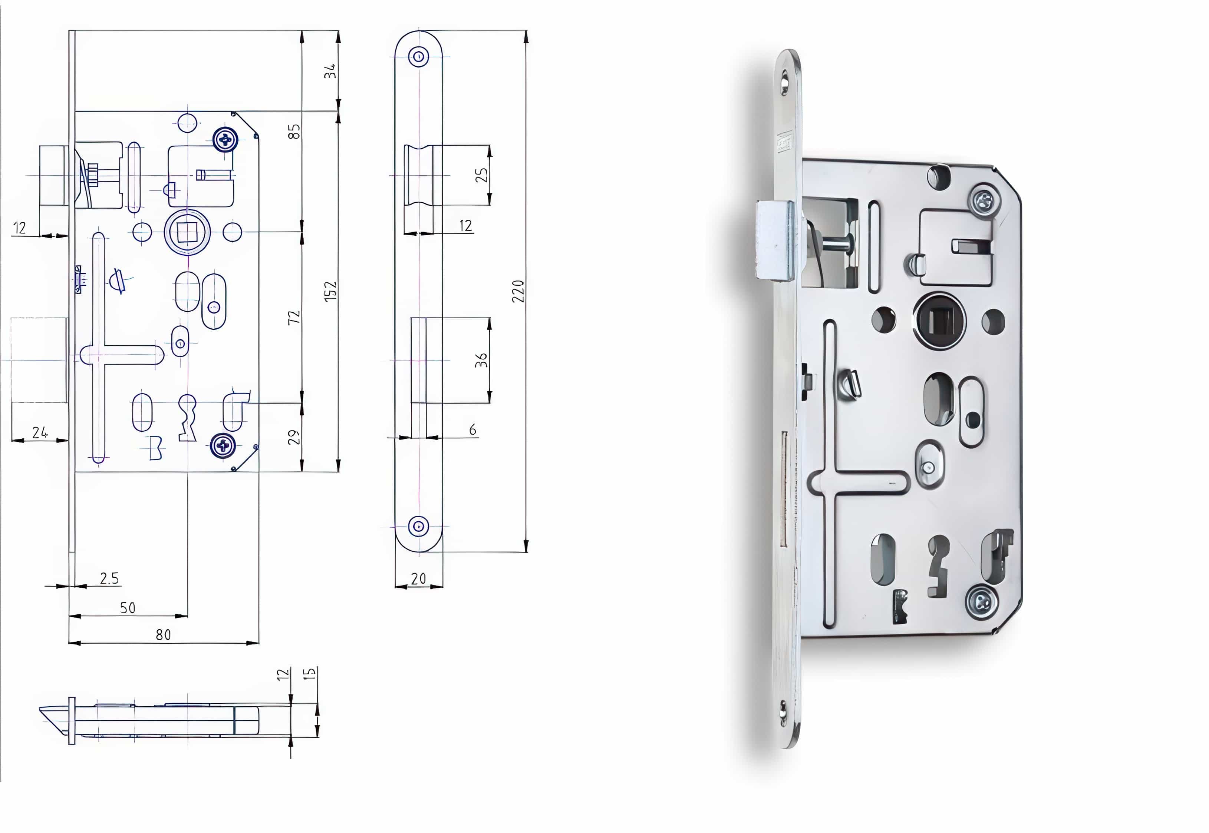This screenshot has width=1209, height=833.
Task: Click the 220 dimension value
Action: pyautogui.click(x=518, y=291)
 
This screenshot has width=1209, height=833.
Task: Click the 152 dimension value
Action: pyautogui.click(x=330, y=291)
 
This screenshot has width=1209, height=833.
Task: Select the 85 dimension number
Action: pyautogui.click(x=294, y=131)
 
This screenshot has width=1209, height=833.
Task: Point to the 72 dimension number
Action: pyautogui.click(x=294, y=317)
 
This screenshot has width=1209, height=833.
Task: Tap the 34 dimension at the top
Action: pyautogui.click(x=330, y=72)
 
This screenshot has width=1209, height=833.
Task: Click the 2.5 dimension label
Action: pyautogui.click(x=109, y=578)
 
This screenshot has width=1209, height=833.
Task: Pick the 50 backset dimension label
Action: pyautogui.click(x=128, y=608)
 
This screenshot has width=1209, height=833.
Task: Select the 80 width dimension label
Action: pyautogui.click(x=164, y=635)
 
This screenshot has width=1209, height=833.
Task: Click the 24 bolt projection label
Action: pyautogui.click(x=40, y=432)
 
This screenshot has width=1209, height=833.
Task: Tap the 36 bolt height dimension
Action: pyautogui.click(x=481, y=360)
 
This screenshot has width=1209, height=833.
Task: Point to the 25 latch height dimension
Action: pyautogui.click(x=481, y=175)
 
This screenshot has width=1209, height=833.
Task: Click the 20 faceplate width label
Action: pyautogui.click(x=418, y=578)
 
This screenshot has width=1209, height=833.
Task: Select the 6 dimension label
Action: pyautogui.click(x=472, y=429)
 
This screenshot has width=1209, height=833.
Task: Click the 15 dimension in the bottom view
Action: pyautogui.click(x=310, y=673)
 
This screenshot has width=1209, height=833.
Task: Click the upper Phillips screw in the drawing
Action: pyautogui.click(x=225, y=139)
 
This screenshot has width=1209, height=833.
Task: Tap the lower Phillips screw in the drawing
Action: pyautogui.click(x=223, y=446)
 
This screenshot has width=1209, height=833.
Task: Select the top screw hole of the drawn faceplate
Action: pyautogui.click(x=418, y=56)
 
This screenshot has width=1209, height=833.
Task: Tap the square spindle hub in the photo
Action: pyautogui.click(x=939, y=320)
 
